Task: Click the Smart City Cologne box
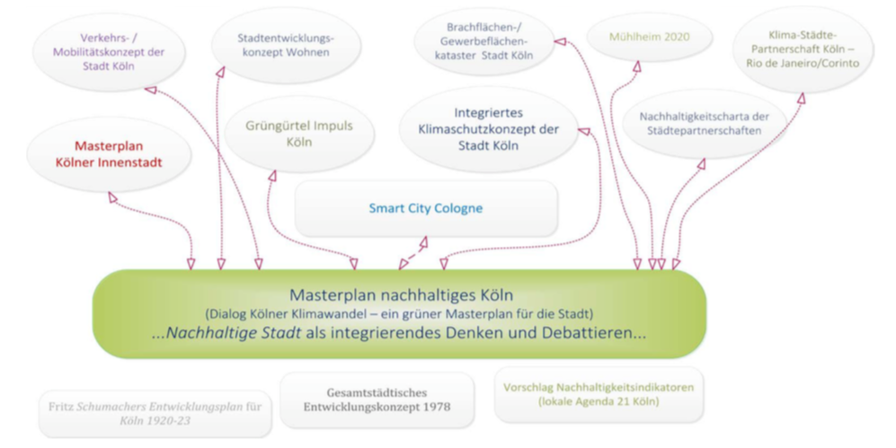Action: click(426, 208)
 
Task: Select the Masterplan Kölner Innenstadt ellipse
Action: click(109, 154)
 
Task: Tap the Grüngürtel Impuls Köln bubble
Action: click(299, 134)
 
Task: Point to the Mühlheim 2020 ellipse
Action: click(649, 37)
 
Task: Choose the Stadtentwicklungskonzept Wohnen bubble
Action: click(286, 45)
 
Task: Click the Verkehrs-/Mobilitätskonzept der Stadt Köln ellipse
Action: click(109, 52)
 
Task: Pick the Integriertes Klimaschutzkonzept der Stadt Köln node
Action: click(489, 129)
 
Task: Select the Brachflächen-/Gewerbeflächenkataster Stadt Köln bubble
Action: click(483, 41)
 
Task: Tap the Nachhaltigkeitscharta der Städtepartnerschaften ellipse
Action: click(704, 123)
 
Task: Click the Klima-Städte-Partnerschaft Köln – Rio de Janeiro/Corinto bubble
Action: click(803, 49)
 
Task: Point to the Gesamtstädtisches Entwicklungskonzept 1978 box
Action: click(377, 400)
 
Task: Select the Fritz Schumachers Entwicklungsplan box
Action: click(155, 414)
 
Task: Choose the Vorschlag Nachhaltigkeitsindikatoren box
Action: click(599, 394)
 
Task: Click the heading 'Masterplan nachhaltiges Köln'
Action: click(401, 295)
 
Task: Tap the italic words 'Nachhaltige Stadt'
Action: click(233, 333)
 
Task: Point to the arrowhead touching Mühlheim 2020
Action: click(637, 66)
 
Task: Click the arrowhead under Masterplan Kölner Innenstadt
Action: click(112, 197)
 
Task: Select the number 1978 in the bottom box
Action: click(435, 407)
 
